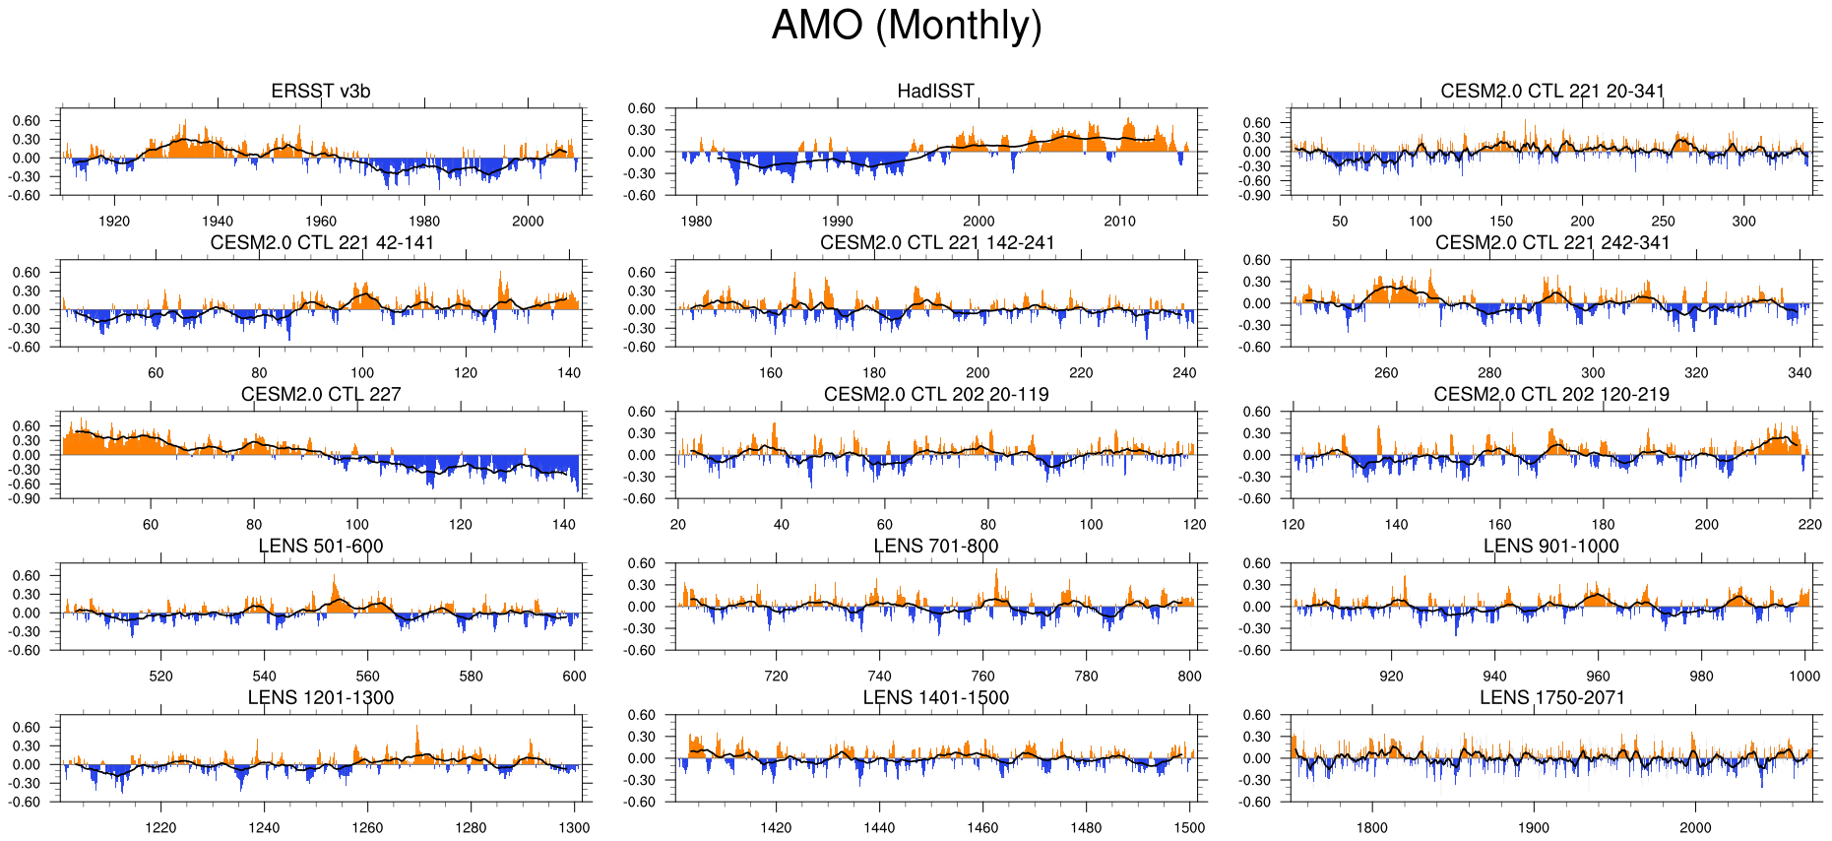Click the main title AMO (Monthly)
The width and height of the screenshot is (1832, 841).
click(906, 26)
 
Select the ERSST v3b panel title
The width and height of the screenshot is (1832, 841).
click(321, 92)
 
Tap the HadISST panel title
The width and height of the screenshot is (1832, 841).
click(935, 92)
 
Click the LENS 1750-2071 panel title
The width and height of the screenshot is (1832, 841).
click(1551, 698)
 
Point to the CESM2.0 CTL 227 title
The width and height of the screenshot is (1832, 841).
click(321, 395)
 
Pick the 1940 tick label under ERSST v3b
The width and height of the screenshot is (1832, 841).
click(218, 222)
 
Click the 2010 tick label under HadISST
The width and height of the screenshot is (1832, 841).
click(1119, 222)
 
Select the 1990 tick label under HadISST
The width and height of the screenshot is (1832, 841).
click(838, 222)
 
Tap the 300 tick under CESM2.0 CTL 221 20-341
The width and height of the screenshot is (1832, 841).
click(1743, 222)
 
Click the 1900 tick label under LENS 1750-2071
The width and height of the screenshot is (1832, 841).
click(1534, 828)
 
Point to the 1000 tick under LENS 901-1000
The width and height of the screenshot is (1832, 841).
click(1804, 677)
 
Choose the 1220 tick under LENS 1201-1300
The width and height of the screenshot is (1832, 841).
click(160, 828)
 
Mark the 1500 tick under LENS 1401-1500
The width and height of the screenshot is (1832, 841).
click(1189, 828)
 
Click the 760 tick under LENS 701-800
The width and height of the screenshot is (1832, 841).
click(982, 677)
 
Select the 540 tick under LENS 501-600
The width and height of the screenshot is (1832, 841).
click(264, 677)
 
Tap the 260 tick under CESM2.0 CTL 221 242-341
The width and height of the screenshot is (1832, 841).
click(1386, 373)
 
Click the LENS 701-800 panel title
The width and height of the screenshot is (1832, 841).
click(935, 547)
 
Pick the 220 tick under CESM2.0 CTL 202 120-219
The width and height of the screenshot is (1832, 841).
click(1809, 525)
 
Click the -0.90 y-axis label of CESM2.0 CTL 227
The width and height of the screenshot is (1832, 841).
click(27, 498)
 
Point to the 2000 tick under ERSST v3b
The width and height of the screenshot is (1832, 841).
click(528, 222)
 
